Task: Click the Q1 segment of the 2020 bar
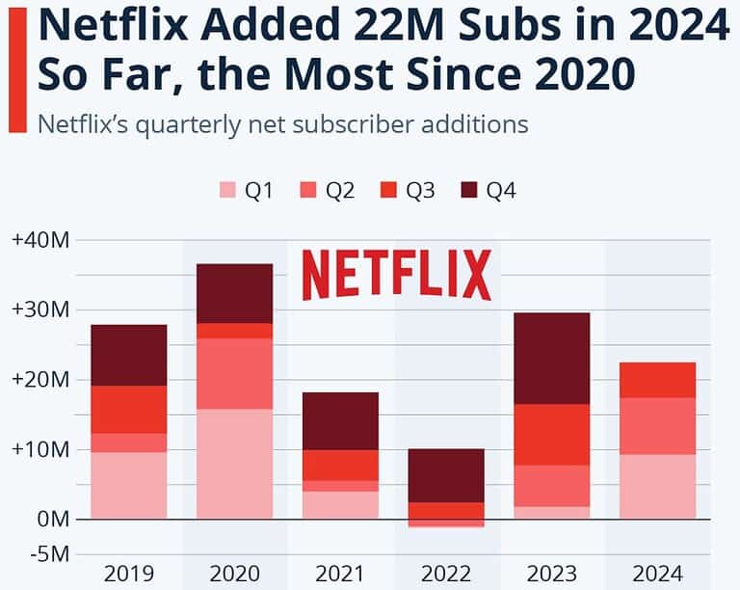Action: pyautogui.click(x=234, y=464)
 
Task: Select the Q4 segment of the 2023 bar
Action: pyautogui.click(x=551, y=358)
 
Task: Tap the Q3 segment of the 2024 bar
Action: pyautogui.click(x=657, y=380)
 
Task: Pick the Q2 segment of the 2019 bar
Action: pyautogui.click(x=128, y=442)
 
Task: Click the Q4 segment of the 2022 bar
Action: pyautogui.click(x=445, y=475)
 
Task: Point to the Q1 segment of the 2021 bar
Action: pyautogui.click(x=340, y=505)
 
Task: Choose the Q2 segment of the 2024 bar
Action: pyautogui.click(x=657, y=426)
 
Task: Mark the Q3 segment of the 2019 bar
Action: pyautogui.click(x=128, y=410)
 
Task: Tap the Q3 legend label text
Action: pyautogui.click(x=420, y=191)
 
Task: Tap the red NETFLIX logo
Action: pyautogui.click(x=396, y=275)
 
